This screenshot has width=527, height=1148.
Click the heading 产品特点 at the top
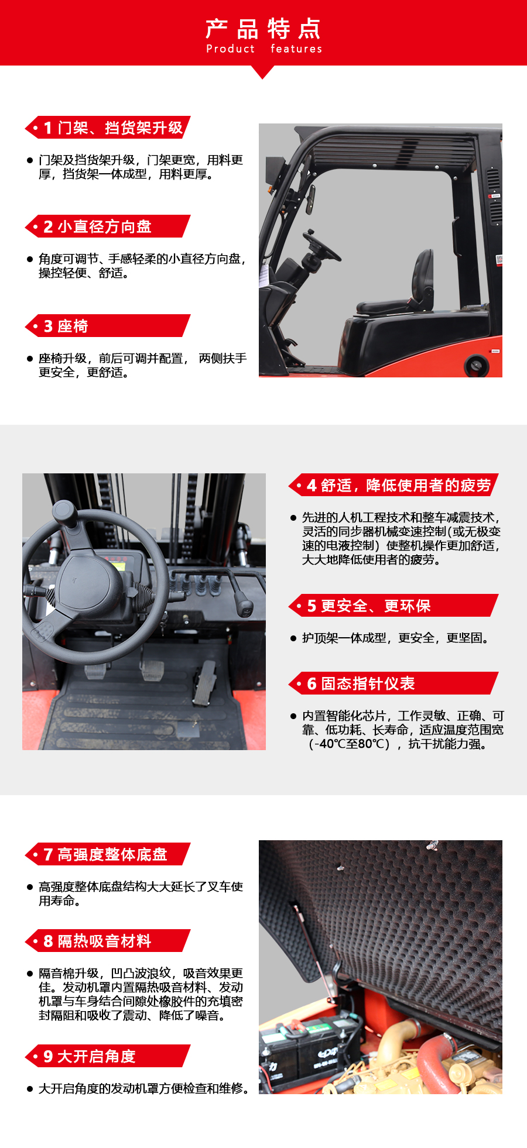pos(263,28)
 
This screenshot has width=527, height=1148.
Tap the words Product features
pos(264,49)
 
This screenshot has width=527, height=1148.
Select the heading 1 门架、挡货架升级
pos(114,128)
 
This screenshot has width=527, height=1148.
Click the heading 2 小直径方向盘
pos(98,226)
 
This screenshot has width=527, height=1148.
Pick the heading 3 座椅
pos(66,326)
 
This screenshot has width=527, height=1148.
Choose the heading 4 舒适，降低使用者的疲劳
pos(399,485)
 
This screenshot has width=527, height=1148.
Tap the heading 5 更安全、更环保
pos(369,606)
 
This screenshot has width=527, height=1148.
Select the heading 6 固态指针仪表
pos(361,683)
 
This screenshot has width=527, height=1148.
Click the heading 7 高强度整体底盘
pos(105,854)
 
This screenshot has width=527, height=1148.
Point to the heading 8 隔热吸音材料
pos(97,941)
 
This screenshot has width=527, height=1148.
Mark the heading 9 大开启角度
pos(90,1056)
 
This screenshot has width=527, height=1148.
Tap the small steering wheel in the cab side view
pos(321,246)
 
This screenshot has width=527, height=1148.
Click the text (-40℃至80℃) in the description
pos(350,744)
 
